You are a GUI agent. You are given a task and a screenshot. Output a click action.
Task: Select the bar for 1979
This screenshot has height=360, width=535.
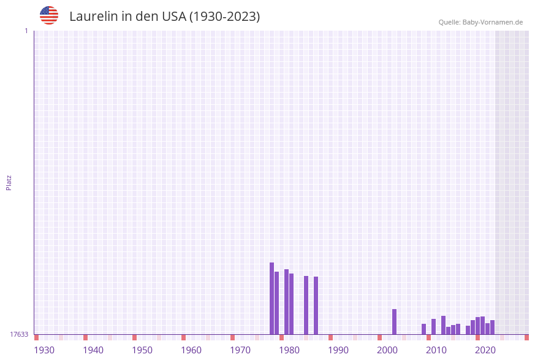tap(276, 303)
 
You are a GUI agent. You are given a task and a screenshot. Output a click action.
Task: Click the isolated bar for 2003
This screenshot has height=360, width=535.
tap(394, 321)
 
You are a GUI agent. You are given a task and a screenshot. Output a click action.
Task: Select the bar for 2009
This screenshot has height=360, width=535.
tap(423, 329)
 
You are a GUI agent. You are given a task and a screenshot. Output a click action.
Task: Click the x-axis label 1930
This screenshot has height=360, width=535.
tap(44, 350)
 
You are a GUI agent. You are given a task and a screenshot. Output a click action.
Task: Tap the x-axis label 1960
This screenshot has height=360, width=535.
tap(191, 350)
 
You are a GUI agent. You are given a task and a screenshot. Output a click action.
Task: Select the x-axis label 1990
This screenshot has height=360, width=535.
tap(338, 350)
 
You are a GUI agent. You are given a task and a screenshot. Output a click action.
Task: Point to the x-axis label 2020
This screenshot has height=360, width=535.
tap(485, 350)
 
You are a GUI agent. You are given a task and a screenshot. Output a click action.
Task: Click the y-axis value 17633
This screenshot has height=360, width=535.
tap(19, 334)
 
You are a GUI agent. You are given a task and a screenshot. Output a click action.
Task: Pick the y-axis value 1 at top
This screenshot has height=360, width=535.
tap(26, 31)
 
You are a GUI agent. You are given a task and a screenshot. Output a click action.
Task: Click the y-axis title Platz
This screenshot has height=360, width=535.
tap(9, 182)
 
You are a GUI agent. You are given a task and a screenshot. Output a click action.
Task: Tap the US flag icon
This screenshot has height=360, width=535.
tap(49, 15)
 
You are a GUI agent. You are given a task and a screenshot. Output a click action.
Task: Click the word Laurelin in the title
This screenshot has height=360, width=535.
tap(93, 17)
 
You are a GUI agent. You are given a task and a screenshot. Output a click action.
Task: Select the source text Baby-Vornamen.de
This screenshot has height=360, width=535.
tap(492, 22)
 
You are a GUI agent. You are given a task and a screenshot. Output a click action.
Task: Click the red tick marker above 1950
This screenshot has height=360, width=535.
tap(134, 337)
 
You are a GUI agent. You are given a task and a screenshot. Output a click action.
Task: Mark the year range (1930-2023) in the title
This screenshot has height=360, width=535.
tap(224, 17)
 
